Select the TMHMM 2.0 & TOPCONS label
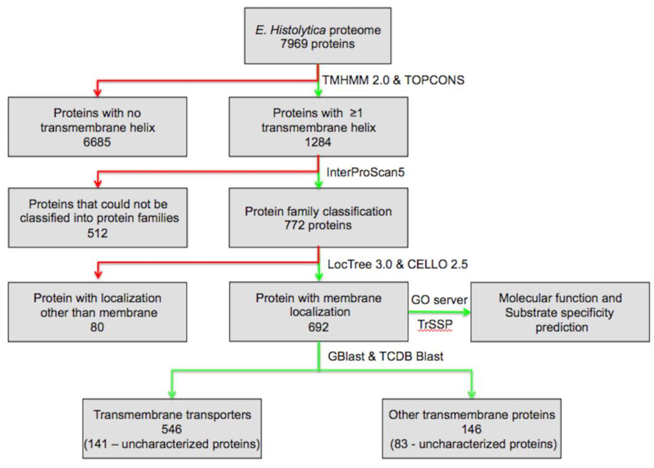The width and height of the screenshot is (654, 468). point(393,80)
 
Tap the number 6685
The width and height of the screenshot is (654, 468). point(97,142)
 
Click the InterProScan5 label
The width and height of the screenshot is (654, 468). point(365,172)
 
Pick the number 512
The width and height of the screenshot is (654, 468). point(97,233)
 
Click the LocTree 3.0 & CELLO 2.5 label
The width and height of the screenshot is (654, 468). point(397,264)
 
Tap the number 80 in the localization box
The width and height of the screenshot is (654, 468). point(97,327)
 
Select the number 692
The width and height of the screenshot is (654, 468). point(318,327)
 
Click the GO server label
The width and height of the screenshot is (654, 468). point(439,300)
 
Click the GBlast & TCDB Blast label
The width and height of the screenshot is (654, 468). point(385,356)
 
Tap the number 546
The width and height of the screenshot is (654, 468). point(172,429)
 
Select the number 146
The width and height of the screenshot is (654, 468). point(471,429)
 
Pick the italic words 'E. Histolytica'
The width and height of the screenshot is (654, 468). point(290,30)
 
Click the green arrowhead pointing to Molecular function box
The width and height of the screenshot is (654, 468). point(466,312)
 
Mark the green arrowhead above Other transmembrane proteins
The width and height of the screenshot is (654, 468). point(471,394)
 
